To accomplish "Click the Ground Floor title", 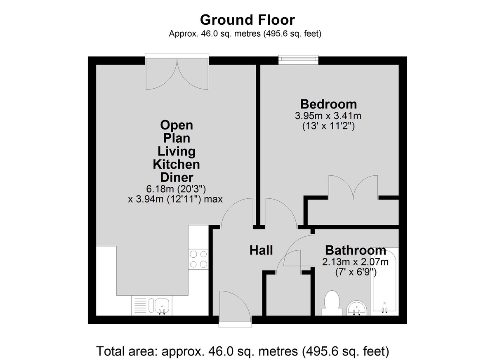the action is click(247, 20).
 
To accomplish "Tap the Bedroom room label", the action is click(328, 104).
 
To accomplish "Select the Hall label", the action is click(261, 250).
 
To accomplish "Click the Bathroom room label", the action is click(356, 250).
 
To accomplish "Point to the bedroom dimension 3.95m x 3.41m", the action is click(328, 116).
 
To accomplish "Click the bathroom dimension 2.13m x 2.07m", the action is click(355, 262).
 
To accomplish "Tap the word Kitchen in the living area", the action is click(177, 164).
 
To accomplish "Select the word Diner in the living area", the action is click(177, 177).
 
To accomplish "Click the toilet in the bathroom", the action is click(332, 303).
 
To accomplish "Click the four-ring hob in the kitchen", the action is click(198, 259).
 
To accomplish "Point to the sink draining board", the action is click(140, 306).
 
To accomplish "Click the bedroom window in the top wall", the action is click(298, 59).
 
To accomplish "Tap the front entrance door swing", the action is click(235, 306).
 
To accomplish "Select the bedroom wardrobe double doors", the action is click(353, 187).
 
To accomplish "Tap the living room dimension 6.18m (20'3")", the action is click(176, 189).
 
